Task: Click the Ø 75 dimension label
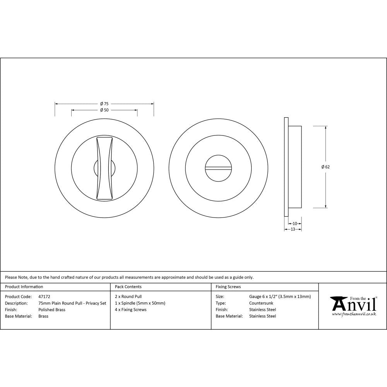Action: (x=104, y=103)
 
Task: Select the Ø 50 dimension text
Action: (x=104, y=110)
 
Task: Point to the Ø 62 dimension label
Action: (x=325, y=167)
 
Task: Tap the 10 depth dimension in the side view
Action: (x=295, y=223)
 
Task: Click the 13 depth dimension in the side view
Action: (x=293, y=229)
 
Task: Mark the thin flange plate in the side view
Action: (x=286, y=167)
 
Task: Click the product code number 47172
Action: (x=44, y=296)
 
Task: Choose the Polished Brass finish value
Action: (x=52, y=310)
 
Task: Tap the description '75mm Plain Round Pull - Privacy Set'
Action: (x=72, y=303)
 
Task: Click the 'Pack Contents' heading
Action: (x=128, y=287)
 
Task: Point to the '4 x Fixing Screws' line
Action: (x=131, y=310)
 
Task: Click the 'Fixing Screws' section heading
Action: (x=228, y=287)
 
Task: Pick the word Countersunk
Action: (x=261, y=303)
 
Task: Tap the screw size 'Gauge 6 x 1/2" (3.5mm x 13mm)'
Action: (x=280, y=296)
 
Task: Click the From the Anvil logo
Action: (x=353, y=306)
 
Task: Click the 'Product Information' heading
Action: (x=24, y=287)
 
